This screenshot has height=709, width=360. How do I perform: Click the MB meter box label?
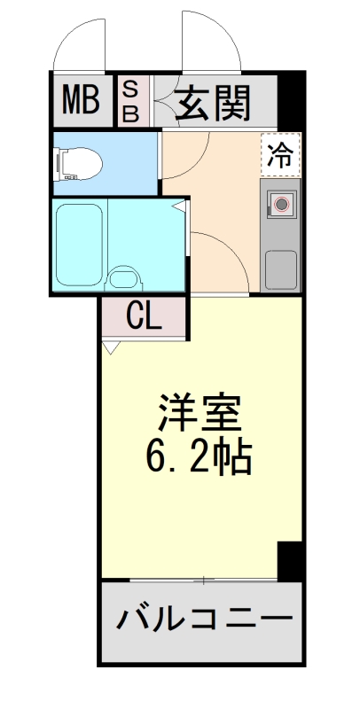coord(81,101)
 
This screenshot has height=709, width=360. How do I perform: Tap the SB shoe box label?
coord(129,100)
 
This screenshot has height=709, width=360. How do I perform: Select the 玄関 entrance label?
coord(213,102)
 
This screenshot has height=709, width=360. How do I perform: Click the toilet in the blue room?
coord(77,163)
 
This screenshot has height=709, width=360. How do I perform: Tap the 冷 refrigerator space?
coord(280,154)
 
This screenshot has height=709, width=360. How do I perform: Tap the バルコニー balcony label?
coord(203,619)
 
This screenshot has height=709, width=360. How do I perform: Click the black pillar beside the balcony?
coord(290,561)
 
